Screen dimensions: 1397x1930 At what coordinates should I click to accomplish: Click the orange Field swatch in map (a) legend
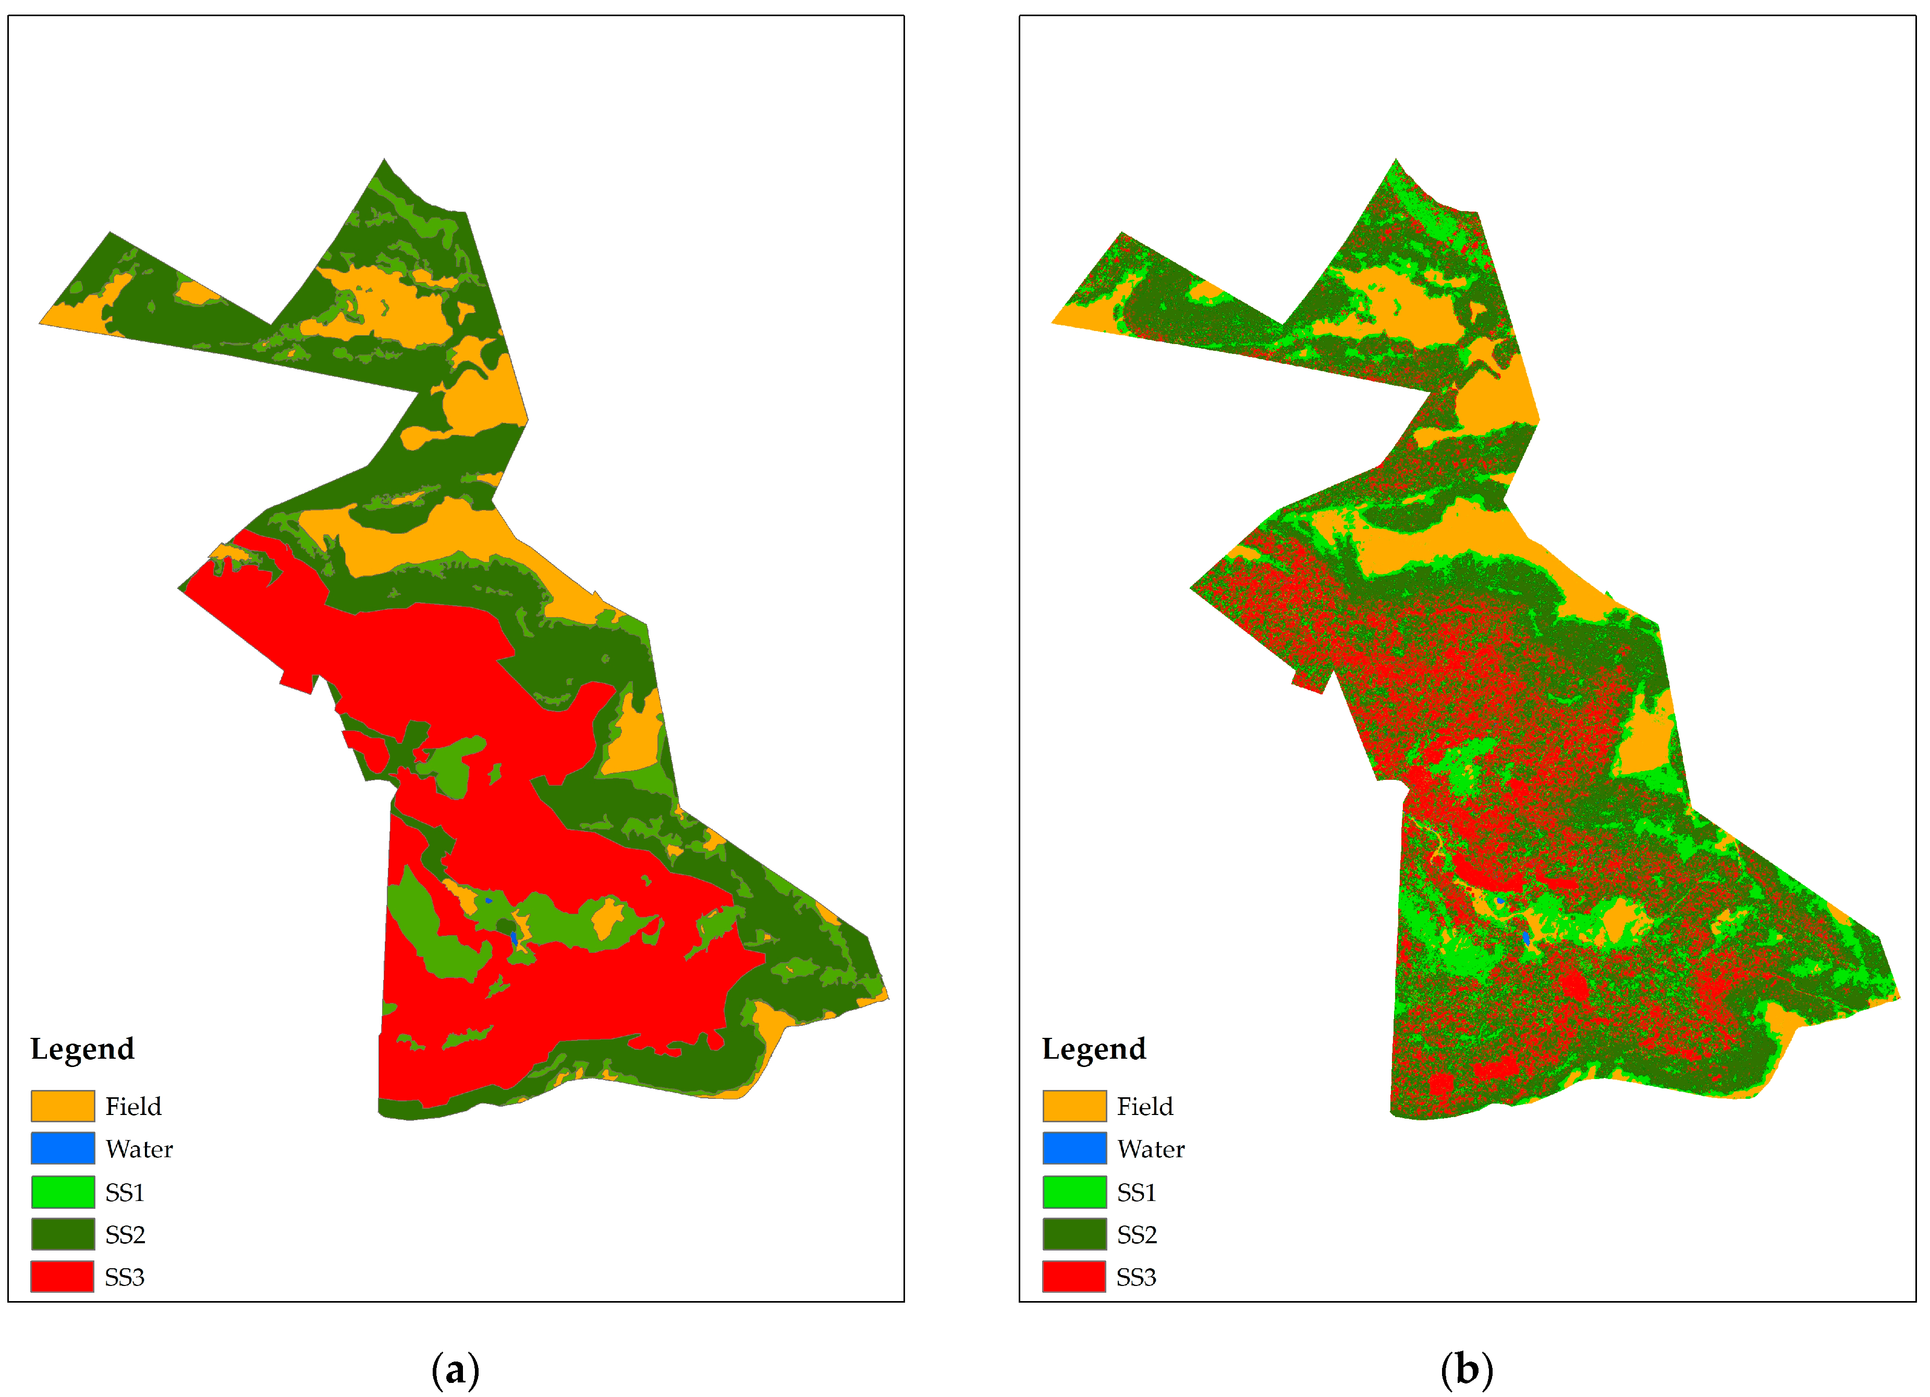(x=62, y=1106)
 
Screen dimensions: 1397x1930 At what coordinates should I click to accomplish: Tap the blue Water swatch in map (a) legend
(x=62, y=1148)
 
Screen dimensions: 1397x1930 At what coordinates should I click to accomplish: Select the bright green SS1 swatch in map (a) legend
(x=62, y=1192)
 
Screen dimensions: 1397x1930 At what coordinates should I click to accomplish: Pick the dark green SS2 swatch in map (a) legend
(x=62, y=1234)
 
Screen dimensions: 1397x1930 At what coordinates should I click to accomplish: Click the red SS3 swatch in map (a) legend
(x=62, y=1277)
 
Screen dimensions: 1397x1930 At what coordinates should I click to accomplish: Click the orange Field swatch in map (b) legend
(x=1074, y=1106)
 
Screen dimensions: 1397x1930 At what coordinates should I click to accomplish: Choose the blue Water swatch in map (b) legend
(x=1074, y=1148)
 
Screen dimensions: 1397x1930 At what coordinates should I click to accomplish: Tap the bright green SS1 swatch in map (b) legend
(x=1074, y=1192)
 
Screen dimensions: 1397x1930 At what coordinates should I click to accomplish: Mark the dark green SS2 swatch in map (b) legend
(x=1074, y=1234)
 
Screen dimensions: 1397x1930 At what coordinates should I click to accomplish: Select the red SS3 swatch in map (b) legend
(x=1074, y=1277)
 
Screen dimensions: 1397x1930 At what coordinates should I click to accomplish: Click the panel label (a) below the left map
(x=455, y=1370)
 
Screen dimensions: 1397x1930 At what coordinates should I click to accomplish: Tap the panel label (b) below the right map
(x=1467, y=1370)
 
